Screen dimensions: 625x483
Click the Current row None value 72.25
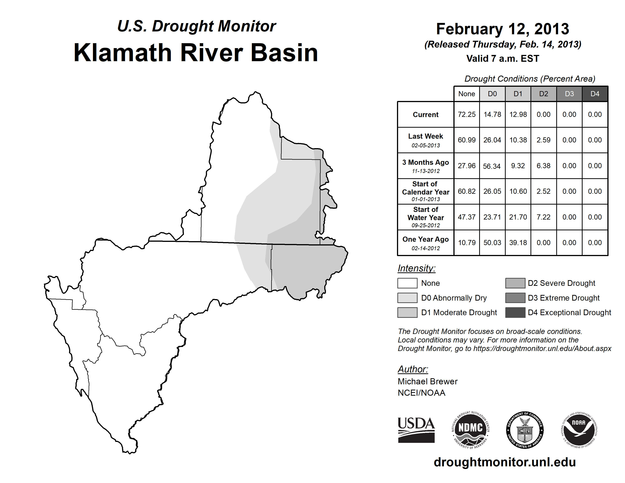(466, 114)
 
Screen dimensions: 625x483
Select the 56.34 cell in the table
(492, 166)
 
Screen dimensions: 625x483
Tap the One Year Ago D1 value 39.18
(518, 243)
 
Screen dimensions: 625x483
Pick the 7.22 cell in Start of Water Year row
(543, 217)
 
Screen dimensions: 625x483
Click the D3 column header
(569, 94)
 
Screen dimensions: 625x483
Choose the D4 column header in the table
(595, 94)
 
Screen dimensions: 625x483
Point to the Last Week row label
(426, 140)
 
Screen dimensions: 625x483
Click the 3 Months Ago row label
(426, 166)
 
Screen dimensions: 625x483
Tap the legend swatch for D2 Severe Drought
(515, 283)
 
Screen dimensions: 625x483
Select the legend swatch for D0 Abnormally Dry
(407, 298)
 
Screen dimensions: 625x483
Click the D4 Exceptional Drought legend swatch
(515, 313)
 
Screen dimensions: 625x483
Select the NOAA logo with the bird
(579, 430)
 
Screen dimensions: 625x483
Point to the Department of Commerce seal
(525, 430)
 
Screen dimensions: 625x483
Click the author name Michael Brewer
(427, 381)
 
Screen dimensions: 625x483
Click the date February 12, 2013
(502, 29)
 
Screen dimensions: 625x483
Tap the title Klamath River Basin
(196, 53)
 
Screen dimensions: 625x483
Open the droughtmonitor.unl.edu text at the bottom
(505, 462)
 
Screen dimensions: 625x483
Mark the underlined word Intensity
(416, 268)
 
